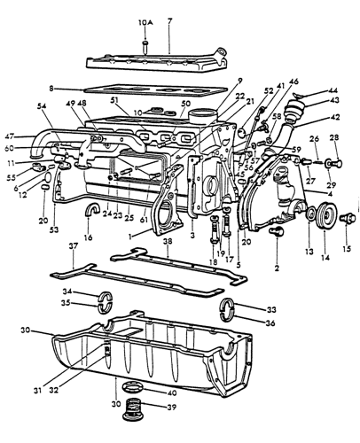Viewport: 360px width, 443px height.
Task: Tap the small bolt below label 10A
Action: tap(145, 44)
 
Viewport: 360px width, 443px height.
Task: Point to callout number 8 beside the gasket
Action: tap(52, 89)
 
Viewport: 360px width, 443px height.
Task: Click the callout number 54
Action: tap(43, 106)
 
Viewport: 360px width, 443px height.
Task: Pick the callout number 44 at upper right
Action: tap(333, 90)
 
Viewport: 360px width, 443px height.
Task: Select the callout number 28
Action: tap(334, 137)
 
